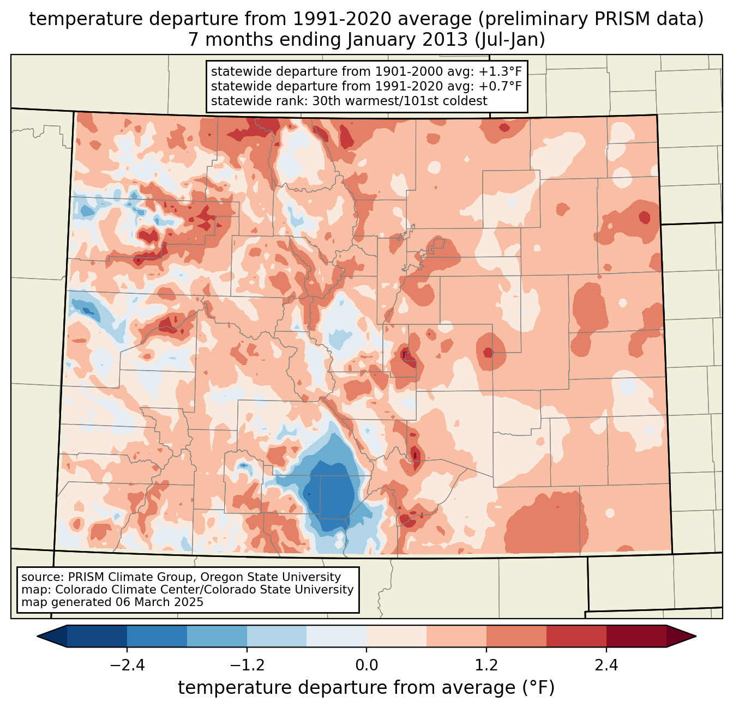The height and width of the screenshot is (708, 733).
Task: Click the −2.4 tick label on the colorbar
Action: (x=127, y=665)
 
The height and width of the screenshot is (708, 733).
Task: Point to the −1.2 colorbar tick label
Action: (x=247, y=665)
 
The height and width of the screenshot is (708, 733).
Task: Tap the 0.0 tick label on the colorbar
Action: (x=366, y=665)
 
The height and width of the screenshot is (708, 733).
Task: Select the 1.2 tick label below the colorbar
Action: (x=486, y=665)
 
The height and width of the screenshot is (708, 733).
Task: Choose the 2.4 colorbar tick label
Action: (x=606, y=665)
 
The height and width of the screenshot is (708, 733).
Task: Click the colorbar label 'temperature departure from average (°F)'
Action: (x=366, y=688)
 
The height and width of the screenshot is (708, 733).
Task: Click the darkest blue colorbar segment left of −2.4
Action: (x=97, y=636)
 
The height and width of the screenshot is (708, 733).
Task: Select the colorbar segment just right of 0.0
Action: (x=396, y=636)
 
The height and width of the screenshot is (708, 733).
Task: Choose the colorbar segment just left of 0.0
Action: (x=337, y=636)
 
